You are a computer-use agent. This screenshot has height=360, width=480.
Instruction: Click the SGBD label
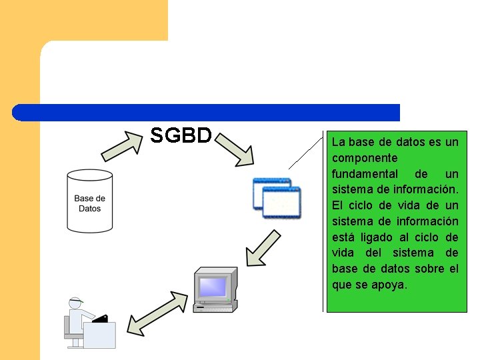point(181,135)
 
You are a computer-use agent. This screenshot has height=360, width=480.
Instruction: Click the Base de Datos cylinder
point(89,200)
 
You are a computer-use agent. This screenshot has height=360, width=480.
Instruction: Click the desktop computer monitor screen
point(213,286)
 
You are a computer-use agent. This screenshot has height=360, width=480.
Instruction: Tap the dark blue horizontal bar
point(207,112)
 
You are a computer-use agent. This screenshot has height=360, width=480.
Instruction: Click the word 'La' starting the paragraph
point(339,142)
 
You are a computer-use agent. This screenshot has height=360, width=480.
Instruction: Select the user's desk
point(99,334)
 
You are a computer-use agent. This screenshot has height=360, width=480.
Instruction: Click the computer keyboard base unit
point(215,306)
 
